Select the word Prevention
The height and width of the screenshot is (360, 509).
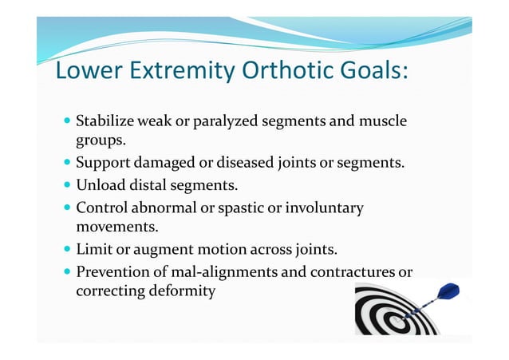pyautogui.click(x=111, y=272)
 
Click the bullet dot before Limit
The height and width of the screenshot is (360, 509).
pyautogui.click(x=66, y=251)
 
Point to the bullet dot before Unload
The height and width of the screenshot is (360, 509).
pyautogui.click(x=66, y=186)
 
